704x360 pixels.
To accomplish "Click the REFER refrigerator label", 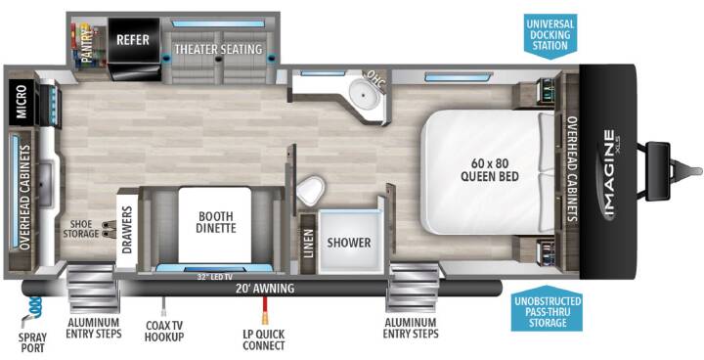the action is pos(133,39).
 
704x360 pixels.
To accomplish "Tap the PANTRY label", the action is pos(88,44).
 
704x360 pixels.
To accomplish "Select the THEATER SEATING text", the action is pos(218,49).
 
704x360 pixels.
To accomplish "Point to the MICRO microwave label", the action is pos(22,102).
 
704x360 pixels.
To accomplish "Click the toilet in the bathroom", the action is pos(311,190).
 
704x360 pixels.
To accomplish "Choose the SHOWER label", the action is pos(349,243).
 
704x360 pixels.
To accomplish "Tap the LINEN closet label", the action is pos(308,244).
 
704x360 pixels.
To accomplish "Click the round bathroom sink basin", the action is pos(362,91).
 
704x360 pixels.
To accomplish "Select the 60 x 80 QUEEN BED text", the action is pos(490,168).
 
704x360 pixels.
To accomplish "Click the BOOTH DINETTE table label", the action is pos(214,221).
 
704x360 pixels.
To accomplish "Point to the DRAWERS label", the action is pos(127,230).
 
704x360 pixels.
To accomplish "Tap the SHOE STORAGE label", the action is pos(81,229).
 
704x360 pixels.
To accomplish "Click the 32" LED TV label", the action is pos(214,277).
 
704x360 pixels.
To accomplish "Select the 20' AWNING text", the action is pos(265,288).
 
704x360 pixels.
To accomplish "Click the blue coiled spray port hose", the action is pos(34,308).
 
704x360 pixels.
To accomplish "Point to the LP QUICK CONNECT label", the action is pos(264,339).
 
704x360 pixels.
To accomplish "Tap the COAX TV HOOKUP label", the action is pos(164,332).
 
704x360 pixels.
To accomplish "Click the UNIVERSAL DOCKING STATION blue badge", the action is pos(550,36).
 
